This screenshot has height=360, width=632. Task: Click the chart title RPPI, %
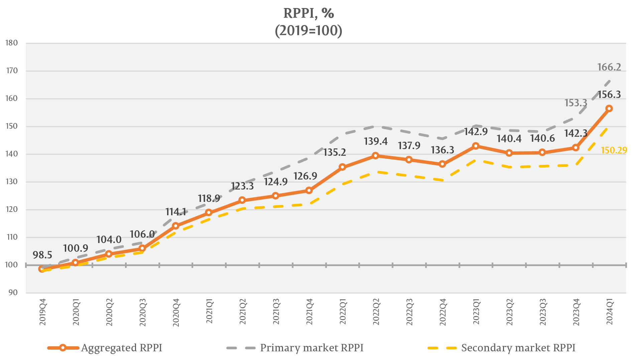(x=308, y=13)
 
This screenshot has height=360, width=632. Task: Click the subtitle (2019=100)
(x=308, y=31)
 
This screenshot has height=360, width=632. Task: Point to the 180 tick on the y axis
(x=12, y=43)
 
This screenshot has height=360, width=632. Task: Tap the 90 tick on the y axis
(x=13, y=292)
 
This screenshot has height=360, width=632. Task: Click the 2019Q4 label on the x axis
(x=43, y=313)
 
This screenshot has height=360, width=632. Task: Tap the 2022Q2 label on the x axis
(x=376, y=313)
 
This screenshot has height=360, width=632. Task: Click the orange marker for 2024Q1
(x=609, y=109)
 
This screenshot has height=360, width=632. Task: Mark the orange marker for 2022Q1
(x=342, y=167)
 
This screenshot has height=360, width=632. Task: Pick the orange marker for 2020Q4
(x=175, y=226)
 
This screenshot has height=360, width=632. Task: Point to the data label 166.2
(x=609, y=67)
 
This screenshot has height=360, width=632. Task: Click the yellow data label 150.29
(x=614, y=150)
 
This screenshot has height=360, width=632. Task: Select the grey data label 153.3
(x=576, y=103)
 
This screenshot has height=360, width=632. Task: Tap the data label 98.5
(x=42, y=255)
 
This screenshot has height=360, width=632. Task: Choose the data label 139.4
(x=376, y=141)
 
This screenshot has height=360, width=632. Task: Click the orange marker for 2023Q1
(x=476, y=146)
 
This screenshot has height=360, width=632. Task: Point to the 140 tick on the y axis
(x=12, y=154)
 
